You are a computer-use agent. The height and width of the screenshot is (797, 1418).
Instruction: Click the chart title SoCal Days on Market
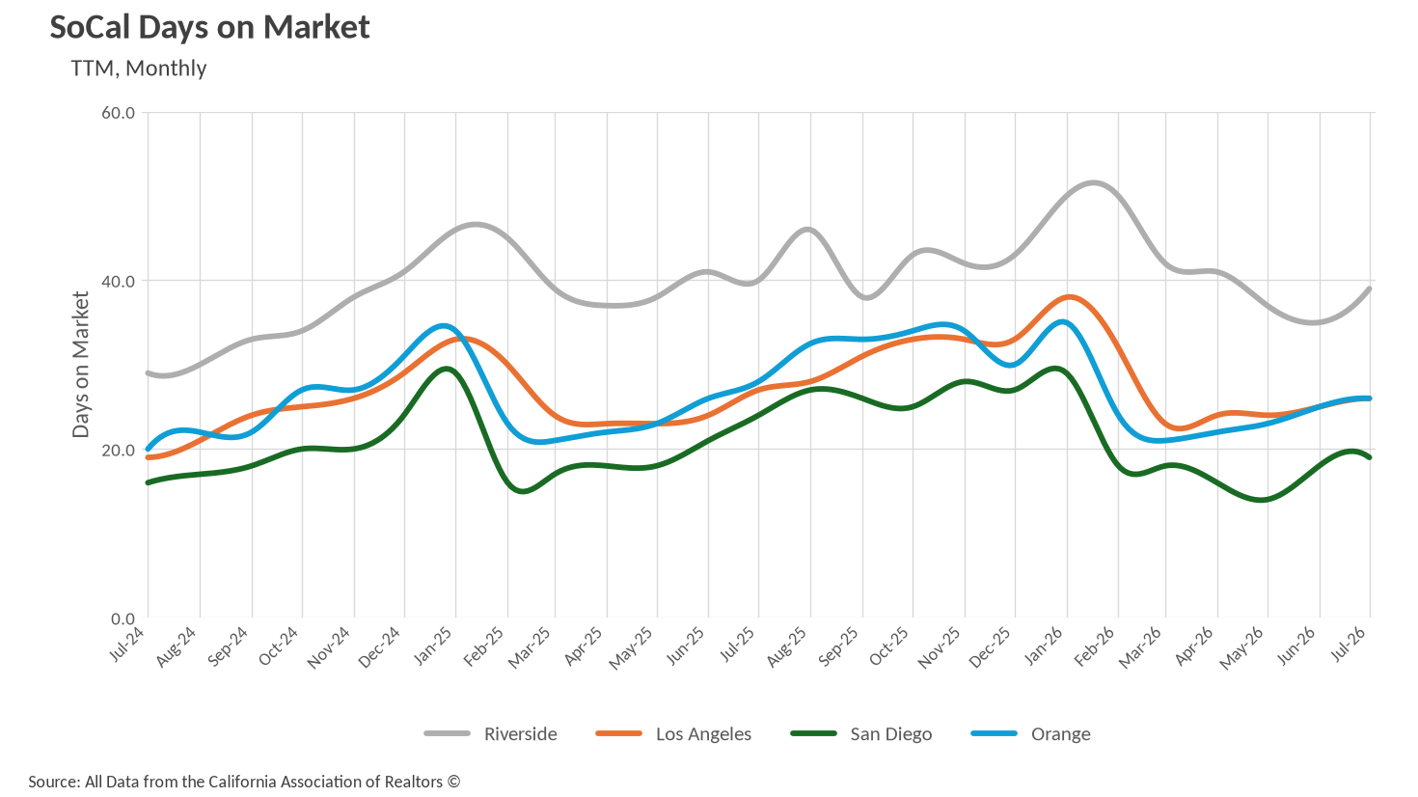[x=209, y=28]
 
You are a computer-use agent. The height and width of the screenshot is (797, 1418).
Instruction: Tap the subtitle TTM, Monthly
[x=139, y=69]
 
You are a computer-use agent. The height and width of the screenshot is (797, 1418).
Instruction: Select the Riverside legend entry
[x=491, y=733]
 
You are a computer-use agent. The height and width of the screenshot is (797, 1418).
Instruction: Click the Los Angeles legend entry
[x=673, y=733]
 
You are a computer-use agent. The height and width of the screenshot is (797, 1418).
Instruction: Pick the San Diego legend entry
[x=861, y=733]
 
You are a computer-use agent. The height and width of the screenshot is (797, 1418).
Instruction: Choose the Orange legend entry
[x=1030, y=733]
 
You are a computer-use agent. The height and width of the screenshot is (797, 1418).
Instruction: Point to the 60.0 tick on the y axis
[x=119, y=113]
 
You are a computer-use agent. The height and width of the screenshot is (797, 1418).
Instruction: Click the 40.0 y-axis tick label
[x=119, y=281]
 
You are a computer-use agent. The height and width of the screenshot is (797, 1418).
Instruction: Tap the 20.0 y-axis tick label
[x=119, y=450]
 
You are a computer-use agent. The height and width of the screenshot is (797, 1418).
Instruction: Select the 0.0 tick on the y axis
[x=123, y=618]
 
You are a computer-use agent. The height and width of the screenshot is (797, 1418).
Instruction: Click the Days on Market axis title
[x=81, y=365]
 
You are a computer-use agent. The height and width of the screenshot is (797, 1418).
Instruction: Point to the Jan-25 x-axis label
[x=434, y=646]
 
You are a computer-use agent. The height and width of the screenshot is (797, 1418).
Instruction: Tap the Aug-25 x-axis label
[x=787, y=646]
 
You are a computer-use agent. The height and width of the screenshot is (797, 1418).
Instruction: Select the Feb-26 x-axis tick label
[x=1095, y=646]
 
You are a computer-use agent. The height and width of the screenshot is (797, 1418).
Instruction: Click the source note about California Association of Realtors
[x=244, y=782]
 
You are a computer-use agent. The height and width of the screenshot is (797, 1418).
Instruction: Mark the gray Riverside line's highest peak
[x=1094, y=183]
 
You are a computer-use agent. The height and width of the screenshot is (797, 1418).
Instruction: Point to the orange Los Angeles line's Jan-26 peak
[x=1069, y=296]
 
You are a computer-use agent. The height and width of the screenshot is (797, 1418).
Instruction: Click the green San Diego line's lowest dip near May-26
[x=1263, y=500]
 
